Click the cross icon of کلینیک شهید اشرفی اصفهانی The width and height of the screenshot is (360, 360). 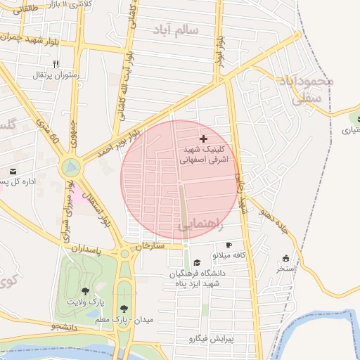pos(204,139)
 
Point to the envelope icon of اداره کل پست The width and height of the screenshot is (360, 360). pos(13,171)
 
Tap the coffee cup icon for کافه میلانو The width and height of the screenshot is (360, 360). pos(229,245)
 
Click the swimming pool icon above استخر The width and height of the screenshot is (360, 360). pos(285,258)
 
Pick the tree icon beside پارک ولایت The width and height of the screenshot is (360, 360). pos(85,291)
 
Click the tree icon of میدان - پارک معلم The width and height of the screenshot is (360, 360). pos(124,309)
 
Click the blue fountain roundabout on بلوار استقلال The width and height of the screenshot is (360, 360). pos(70,167)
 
